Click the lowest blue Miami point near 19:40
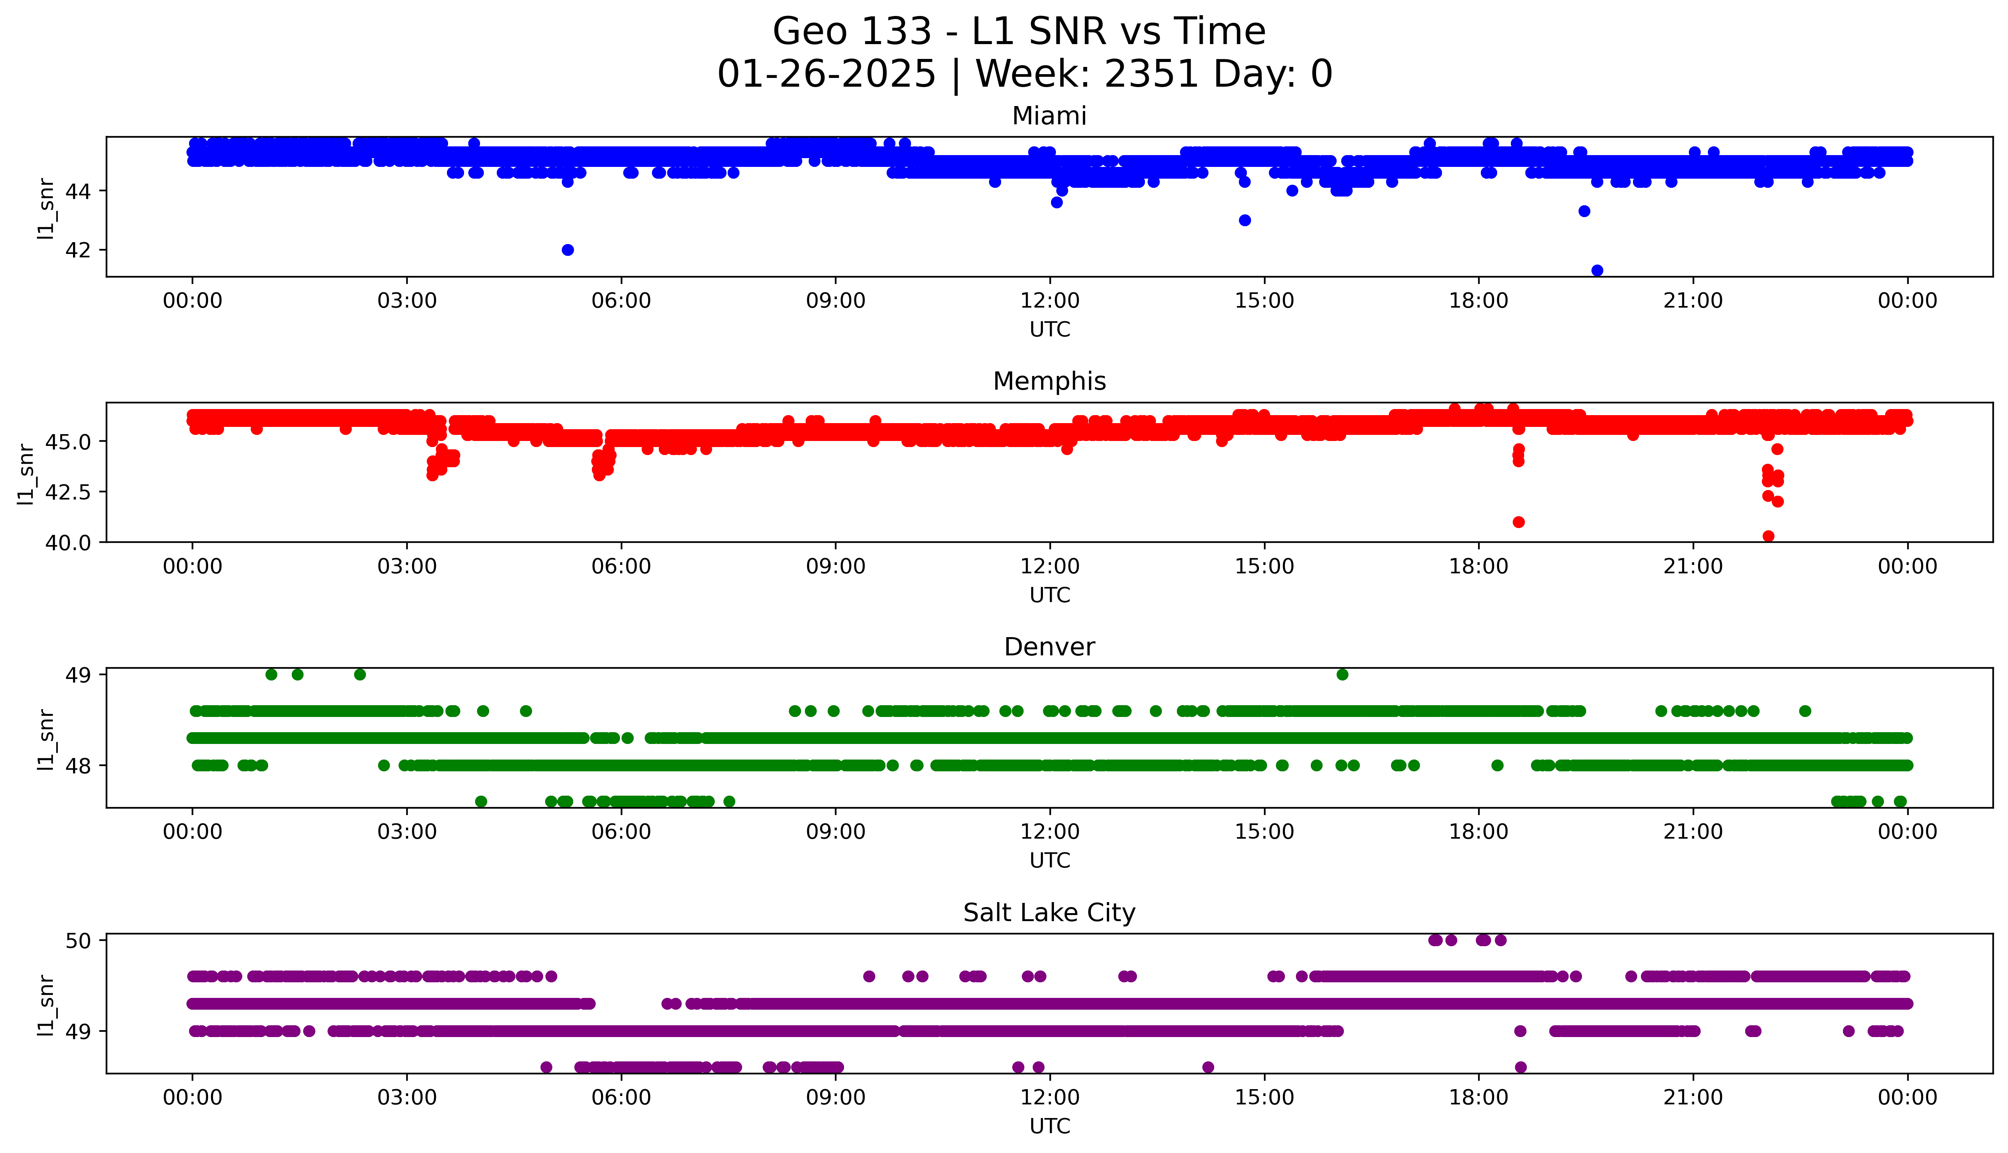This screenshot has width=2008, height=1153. pyautogui.click(x=1597, y=271)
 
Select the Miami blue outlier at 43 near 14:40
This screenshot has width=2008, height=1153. pyautogui.click(x=1245, y=220)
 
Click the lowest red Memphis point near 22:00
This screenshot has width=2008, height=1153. pyautogui.click(x=1768, y=536)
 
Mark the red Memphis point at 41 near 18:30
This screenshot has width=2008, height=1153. pyautogui.click(x=1518, y=522)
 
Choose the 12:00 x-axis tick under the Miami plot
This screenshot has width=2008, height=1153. pyautogui.click(x=1049, y=301)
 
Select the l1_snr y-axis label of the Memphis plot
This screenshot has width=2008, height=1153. pyautogui.click(x=26, y=474)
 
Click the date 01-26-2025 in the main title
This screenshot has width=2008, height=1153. pyautogui.click(x=826, y=75)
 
